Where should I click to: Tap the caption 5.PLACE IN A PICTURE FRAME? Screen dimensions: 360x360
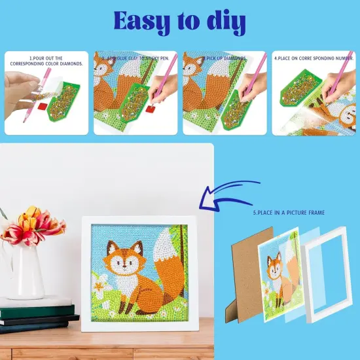click(289, 213)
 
